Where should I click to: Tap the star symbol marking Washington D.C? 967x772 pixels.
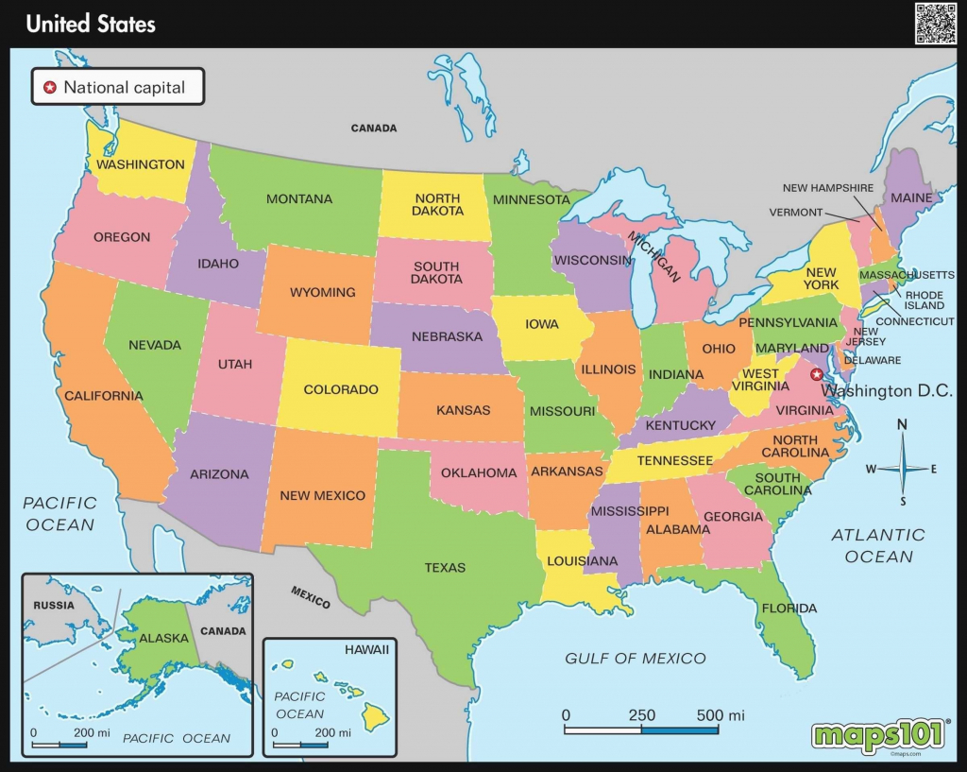point(817,374)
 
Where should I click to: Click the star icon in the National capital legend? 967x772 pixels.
point(48,89)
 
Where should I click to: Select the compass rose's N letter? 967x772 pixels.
point(903,425)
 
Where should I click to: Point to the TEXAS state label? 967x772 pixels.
point(445,568)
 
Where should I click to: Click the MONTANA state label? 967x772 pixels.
point(299,199)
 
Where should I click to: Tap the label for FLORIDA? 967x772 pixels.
point(789,609)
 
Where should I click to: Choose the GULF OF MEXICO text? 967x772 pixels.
point(636,659)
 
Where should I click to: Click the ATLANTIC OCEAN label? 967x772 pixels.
point(879,546)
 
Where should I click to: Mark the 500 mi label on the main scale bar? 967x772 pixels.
point(721,715)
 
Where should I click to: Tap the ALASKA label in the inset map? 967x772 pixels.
point(164,639)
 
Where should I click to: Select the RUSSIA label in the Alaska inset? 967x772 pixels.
point(53,604)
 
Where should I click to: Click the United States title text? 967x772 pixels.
point(91,24)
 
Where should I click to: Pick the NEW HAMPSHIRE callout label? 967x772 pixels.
point(828,188)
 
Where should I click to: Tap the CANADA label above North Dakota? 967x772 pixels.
point(374,128)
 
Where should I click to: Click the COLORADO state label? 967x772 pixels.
point(341,389)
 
